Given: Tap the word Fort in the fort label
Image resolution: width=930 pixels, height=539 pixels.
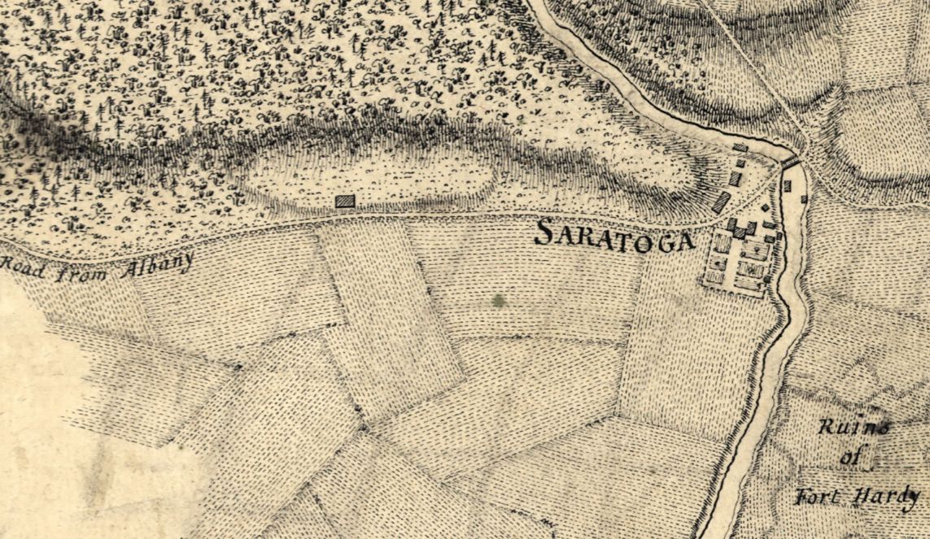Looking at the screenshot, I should (x=821, y=496).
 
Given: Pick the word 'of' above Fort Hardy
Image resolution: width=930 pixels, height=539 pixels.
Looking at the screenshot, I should (x=850, y=459).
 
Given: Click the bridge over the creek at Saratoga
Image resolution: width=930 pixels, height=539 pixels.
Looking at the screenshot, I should (x=789, y=162).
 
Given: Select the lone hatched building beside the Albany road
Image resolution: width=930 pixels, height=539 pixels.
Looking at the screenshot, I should (x=346, y=202).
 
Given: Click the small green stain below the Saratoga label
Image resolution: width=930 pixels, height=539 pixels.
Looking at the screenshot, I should (x=498, y=301).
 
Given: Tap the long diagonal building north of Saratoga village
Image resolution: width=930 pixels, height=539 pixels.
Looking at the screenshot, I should (x=721, y=203).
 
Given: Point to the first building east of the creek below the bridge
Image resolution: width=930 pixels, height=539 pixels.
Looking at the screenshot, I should (x=787, y=185).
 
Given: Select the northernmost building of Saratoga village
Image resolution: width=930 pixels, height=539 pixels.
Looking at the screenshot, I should (x=740, y=148).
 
